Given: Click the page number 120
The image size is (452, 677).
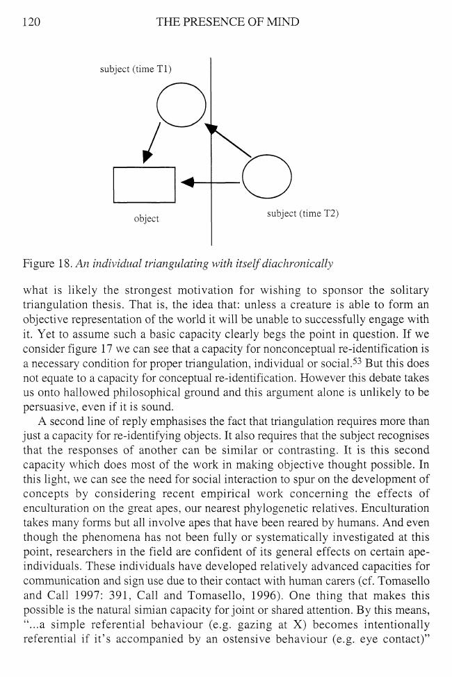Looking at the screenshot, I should pyautogui.click(x=31, y=22).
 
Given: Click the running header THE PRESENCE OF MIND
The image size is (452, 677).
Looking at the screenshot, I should pyautogui.click(x=227, y=22).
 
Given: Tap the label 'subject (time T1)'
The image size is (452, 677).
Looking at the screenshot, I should pyautogui.click(x=136, y=69).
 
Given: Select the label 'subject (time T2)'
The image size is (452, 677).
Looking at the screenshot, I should pyautogui.click(x=302, y=213).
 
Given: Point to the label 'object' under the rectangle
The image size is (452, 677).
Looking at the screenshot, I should pyautogui.click(x=146, y=219).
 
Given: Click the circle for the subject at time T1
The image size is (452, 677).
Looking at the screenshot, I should pyautogui.click(x=181, y=106).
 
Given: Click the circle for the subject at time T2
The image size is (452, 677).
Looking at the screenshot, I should pyautogui.click(x=266, y=176).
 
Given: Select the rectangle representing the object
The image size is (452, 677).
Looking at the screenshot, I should pyautogui.click(x=144, y=185).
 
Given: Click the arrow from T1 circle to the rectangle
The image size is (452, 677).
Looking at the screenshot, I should pyautogui.click(x=152, y=143).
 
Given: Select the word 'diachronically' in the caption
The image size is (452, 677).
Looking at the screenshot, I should pyautogui.click(x=301, y=263).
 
